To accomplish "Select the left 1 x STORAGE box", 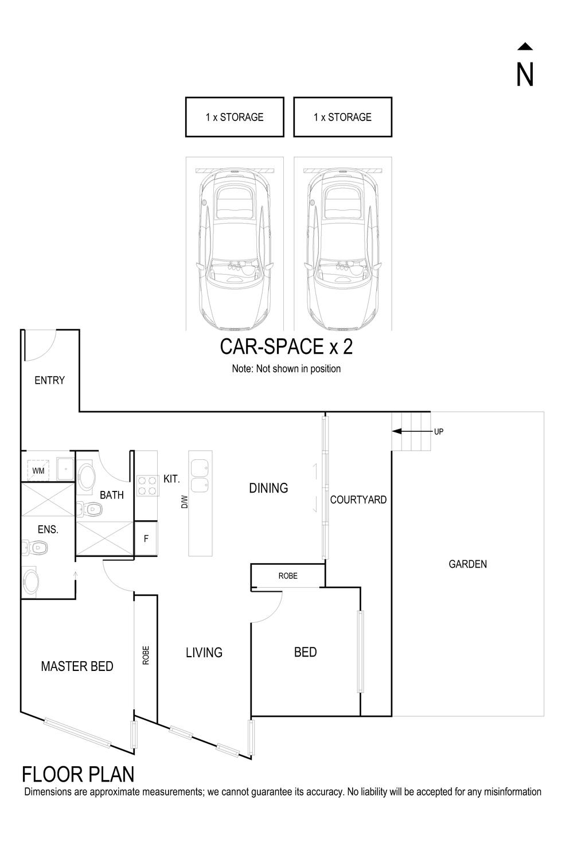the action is (235, 117).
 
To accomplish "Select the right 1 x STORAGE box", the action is (342, 117).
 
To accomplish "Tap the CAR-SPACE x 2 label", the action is (286, 346).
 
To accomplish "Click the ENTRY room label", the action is (50, 380).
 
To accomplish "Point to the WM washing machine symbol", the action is (38, 470).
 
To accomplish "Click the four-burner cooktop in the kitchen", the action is (147, 486).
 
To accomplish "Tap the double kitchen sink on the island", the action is (200, 475).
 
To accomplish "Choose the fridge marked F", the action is (146, 538).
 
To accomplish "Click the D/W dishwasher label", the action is (185, 502).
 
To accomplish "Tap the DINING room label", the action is (268, 488).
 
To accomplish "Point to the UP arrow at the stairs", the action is (411, 431).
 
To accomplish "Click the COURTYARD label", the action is (358, 500).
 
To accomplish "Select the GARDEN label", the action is (467, 564).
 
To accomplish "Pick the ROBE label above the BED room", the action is (288, 576).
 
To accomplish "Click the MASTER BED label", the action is (77, 666).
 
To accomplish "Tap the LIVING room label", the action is (204, 653).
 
